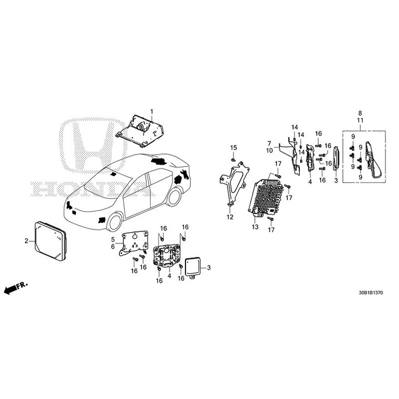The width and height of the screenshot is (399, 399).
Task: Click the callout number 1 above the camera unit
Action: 152,112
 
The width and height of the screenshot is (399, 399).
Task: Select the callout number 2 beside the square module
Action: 26,241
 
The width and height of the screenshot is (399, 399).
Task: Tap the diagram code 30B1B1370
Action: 371,293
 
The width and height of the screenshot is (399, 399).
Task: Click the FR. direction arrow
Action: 15,288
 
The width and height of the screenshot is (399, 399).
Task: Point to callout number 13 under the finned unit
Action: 255,227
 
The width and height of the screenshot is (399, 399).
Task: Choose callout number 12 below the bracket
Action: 230,217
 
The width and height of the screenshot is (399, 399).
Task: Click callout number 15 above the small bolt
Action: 233,148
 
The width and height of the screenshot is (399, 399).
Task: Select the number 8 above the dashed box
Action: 360,113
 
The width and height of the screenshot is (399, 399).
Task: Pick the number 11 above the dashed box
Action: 360,120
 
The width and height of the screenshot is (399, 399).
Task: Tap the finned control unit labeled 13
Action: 266,198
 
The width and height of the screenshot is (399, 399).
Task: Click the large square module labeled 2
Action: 50,240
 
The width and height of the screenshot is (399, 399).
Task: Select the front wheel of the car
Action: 115,222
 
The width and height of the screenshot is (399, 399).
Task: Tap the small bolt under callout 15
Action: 232,160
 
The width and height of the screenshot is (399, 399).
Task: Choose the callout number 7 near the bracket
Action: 269,144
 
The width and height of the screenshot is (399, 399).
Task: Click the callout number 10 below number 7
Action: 269,151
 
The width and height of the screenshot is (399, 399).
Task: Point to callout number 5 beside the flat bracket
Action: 113,239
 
